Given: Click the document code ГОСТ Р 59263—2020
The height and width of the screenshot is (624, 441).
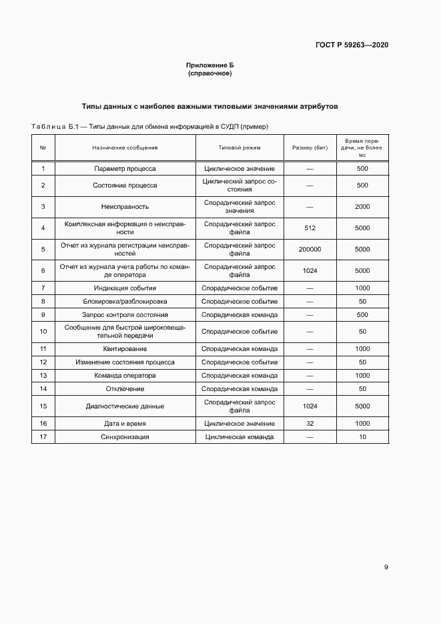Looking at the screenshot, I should click(352, 45).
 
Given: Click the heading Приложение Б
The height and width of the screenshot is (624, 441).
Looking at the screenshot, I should click(210, 65).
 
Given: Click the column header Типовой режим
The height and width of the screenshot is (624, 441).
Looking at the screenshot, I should click(240, 147).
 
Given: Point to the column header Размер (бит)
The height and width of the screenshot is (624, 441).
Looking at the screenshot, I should click(310, 147).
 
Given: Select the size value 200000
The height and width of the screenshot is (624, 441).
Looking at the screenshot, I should click(310, 250).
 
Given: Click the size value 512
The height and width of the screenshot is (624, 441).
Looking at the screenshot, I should click(310, 228).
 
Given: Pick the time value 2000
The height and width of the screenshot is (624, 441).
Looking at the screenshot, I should click(362, 206).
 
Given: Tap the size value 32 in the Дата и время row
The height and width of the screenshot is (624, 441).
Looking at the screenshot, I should click(310, 424).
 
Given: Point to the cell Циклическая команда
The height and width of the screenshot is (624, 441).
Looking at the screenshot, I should click(240, 437).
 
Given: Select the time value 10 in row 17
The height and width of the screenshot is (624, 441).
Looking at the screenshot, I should click(362, 437).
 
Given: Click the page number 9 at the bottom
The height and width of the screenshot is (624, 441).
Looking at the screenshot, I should click(386, 568).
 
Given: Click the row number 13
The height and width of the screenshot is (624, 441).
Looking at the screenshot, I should click(43, 376).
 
